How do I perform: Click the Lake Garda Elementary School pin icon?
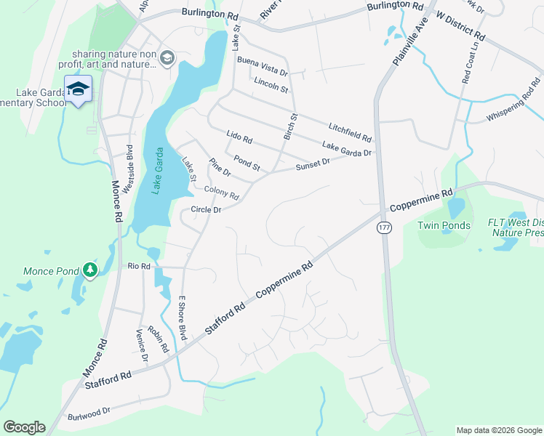coord(78,89)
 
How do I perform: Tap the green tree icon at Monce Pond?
coord(89,270)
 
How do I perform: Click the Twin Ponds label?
coord(444,226)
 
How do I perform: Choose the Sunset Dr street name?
coord(313,166)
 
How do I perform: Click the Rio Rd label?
coord(138,267)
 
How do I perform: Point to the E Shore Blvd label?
coord(183,318)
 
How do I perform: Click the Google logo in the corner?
coord(24,427)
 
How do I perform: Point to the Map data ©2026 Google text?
coord(498,430)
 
